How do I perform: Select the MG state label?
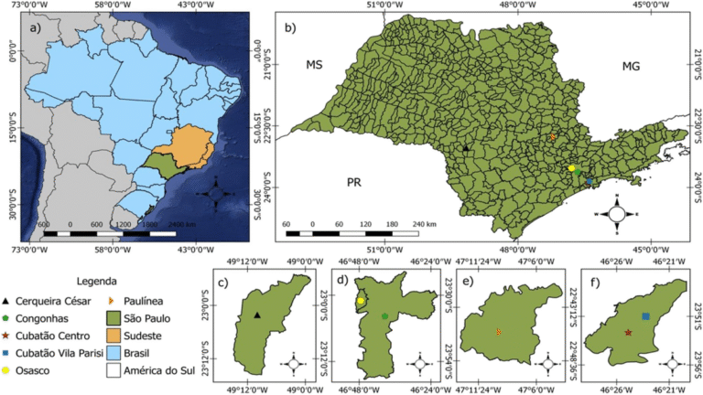coord(632,65)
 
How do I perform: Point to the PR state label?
coord(354,183)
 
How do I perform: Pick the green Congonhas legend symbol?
coord(8,318)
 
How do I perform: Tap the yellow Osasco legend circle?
coord(8,370)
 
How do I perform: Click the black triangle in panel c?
coord(257,316)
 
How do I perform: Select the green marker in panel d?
coord(384,316)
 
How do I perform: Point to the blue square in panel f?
coord(645,316)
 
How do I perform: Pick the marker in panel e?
coord(499,331)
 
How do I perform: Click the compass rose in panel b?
coord(617,213)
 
